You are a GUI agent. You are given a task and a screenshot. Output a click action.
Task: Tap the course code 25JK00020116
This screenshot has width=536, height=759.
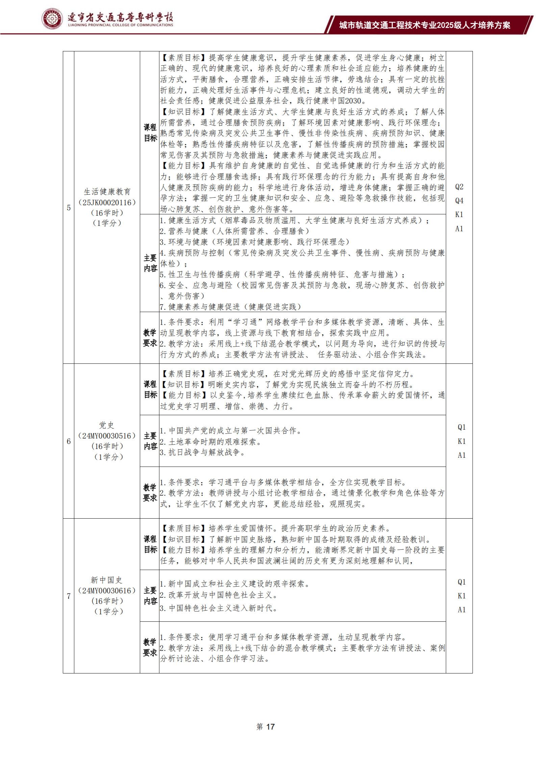point(107,202)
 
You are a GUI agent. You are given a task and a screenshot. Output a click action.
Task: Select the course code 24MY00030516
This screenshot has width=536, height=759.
point(107,436)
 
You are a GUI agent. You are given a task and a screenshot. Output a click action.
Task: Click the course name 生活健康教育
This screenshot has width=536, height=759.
point(107,192)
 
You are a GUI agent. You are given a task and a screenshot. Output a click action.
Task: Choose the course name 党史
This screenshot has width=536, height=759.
point(107,425)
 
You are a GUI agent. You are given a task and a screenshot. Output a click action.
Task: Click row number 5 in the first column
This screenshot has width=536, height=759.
point(69,208)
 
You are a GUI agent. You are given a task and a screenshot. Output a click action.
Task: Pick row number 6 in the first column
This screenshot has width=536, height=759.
point(69,441)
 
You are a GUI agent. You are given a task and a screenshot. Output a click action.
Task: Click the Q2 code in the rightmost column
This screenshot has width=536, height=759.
point(459,187)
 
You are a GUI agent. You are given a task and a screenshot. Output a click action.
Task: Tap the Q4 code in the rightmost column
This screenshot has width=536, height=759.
point(459,201)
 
